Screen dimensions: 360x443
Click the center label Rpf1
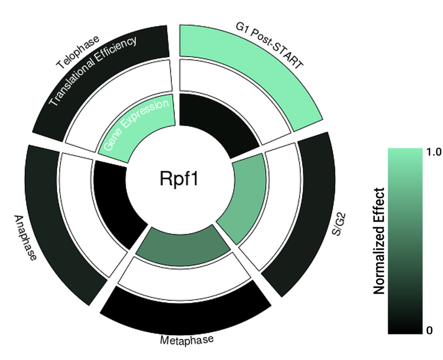point(178,179)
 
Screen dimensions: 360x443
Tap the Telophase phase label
point(78,53)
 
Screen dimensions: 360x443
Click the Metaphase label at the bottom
point(186,339)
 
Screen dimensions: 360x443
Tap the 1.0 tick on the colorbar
point(432,152)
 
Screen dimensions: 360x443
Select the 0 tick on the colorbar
point(429,331)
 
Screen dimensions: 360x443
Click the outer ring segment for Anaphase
point(61,222)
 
